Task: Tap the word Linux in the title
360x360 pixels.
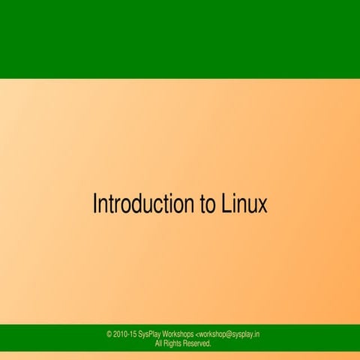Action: coord(244,204)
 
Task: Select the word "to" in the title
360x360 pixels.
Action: coord(205,205)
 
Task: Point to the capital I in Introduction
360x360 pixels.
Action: coord(94,203)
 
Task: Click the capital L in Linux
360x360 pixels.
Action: coord(226,203)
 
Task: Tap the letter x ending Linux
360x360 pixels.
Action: coord(262,206)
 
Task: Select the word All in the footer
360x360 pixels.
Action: coord(159,343)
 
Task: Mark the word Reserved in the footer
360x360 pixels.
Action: coord(197,343)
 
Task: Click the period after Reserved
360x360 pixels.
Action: coord(211,346)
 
